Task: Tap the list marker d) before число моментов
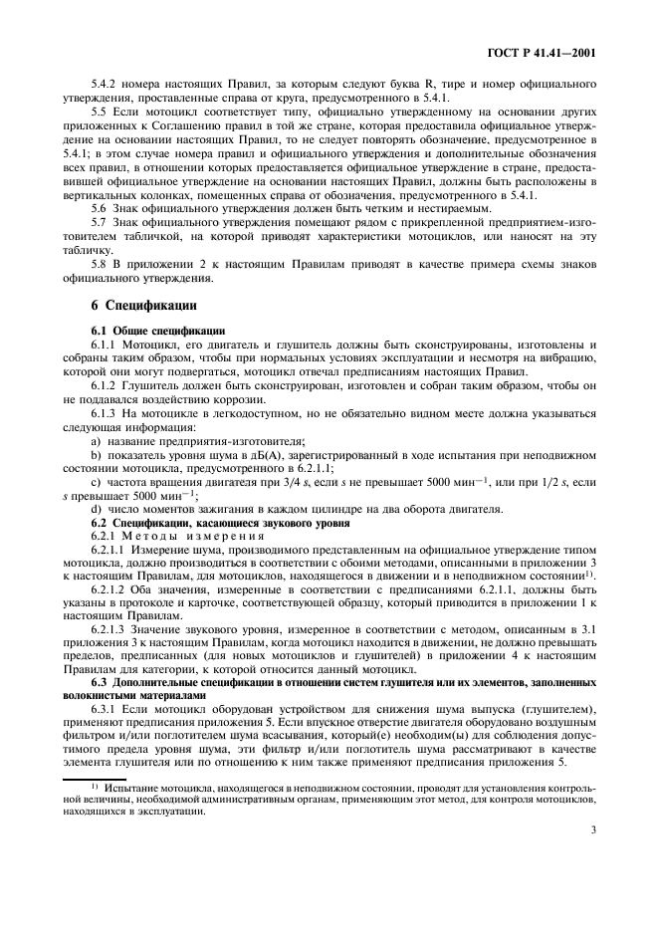[96, 509]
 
